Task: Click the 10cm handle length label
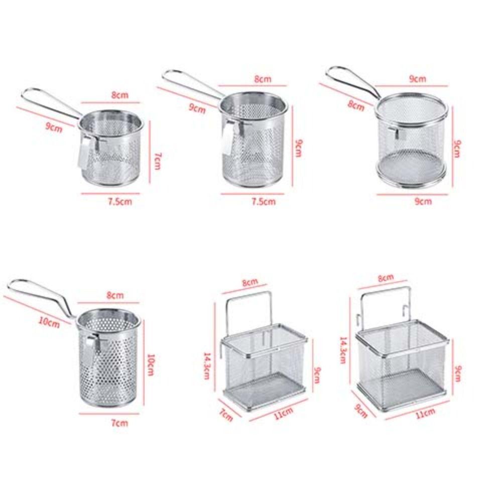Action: point(48,322)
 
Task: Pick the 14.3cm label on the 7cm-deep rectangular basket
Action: point(206,365)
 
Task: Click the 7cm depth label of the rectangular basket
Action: point(226,415)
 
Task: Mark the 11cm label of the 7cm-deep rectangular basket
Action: point(283,413)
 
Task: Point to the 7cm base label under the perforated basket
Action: point(119,423)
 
